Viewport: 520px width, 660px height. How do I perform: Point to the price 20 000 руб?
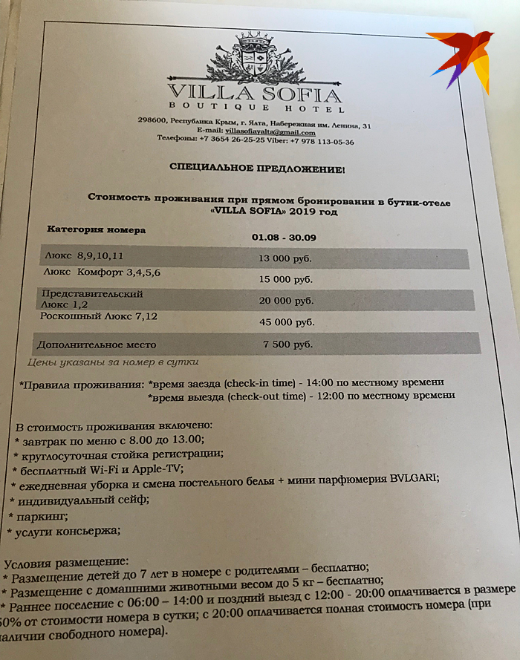pyautogui.click(x=287, y=301)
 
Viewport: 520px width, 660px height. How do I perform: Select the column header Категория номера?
pyautogui.click(x=97, y=229)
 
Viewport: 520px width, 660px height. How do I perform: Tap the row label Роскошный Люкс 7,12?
pyautogui.click(x=99, y=317)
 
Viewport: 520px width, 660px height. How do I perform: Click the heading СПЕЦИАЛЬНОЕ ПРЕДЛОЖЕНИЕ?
pyautogui.click(x=257, y=169)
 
